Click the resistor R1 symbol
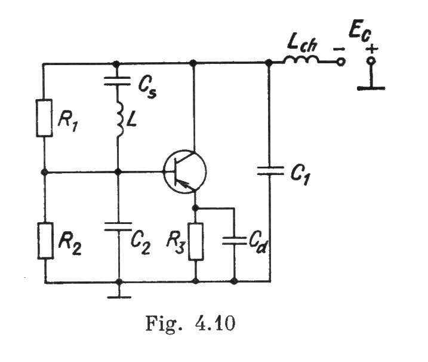(45, 119)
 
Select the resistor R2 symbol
(45, 241)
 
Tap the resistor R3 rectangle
(196, 241)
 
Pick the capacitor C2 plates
(118, 226)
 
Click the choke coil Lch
(301, 61)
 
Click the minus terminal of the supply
(340, 62)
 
